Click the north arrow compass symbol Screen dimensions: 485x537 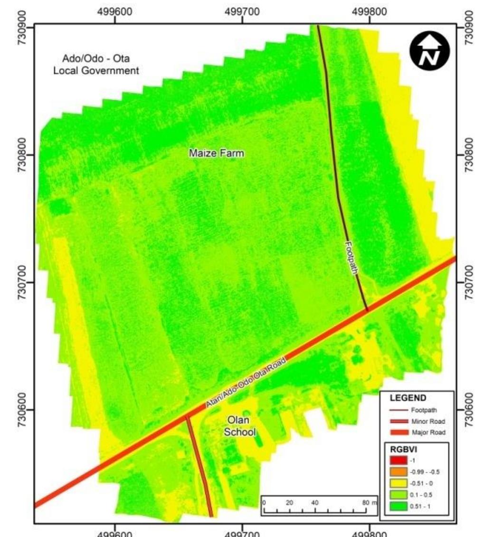[x=429, y=51]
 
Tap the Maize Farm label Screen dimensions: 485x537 [x=216, y=153]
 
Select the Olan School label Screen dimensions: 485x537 [x=239, y=426]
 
